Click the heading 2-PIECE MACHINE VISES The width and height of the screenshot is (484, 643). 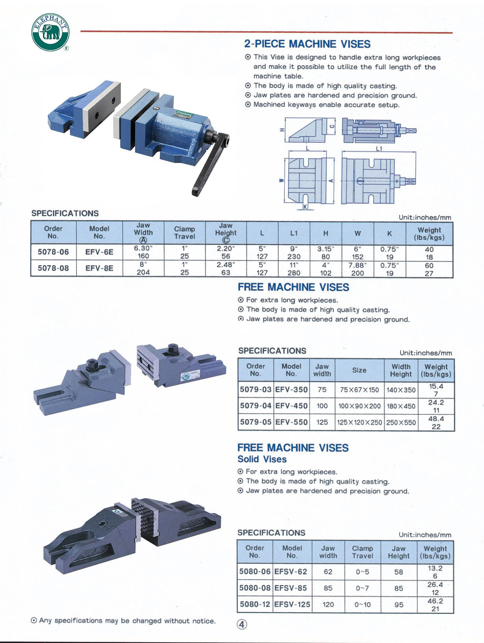click(307, 44)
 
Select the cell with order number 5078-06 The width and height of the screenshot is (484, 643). click(53, 252)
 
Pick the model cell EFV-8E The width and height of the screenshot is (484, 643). click(99, 268)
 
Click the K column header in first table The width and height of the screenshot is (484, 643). click(389, 233)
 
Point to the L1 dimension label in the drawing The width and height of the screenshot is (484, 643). click(379, 149)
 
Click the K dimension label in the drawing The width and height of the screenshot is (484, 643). click(305, 207)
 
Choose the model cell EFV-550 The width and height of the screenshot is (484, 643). click(291, 422)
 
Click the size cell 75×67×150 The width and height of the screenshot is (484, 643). click(359, 390)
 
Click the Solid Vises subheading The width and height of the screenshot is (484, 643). click(262, 459)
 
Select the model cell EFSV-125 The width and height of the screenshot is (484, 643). click(292, 604)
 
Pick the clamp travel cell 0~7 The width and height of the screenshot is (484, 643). click(362, 588)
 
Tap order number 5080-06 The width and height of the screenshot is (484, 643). click(255, 572)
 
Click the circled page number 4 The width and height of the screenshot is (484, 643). click(242, 624)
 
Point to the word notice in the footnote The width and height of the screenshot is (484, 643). click(204, 621)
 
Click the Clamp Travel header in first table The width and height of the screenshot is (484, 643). click(184, 233)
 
